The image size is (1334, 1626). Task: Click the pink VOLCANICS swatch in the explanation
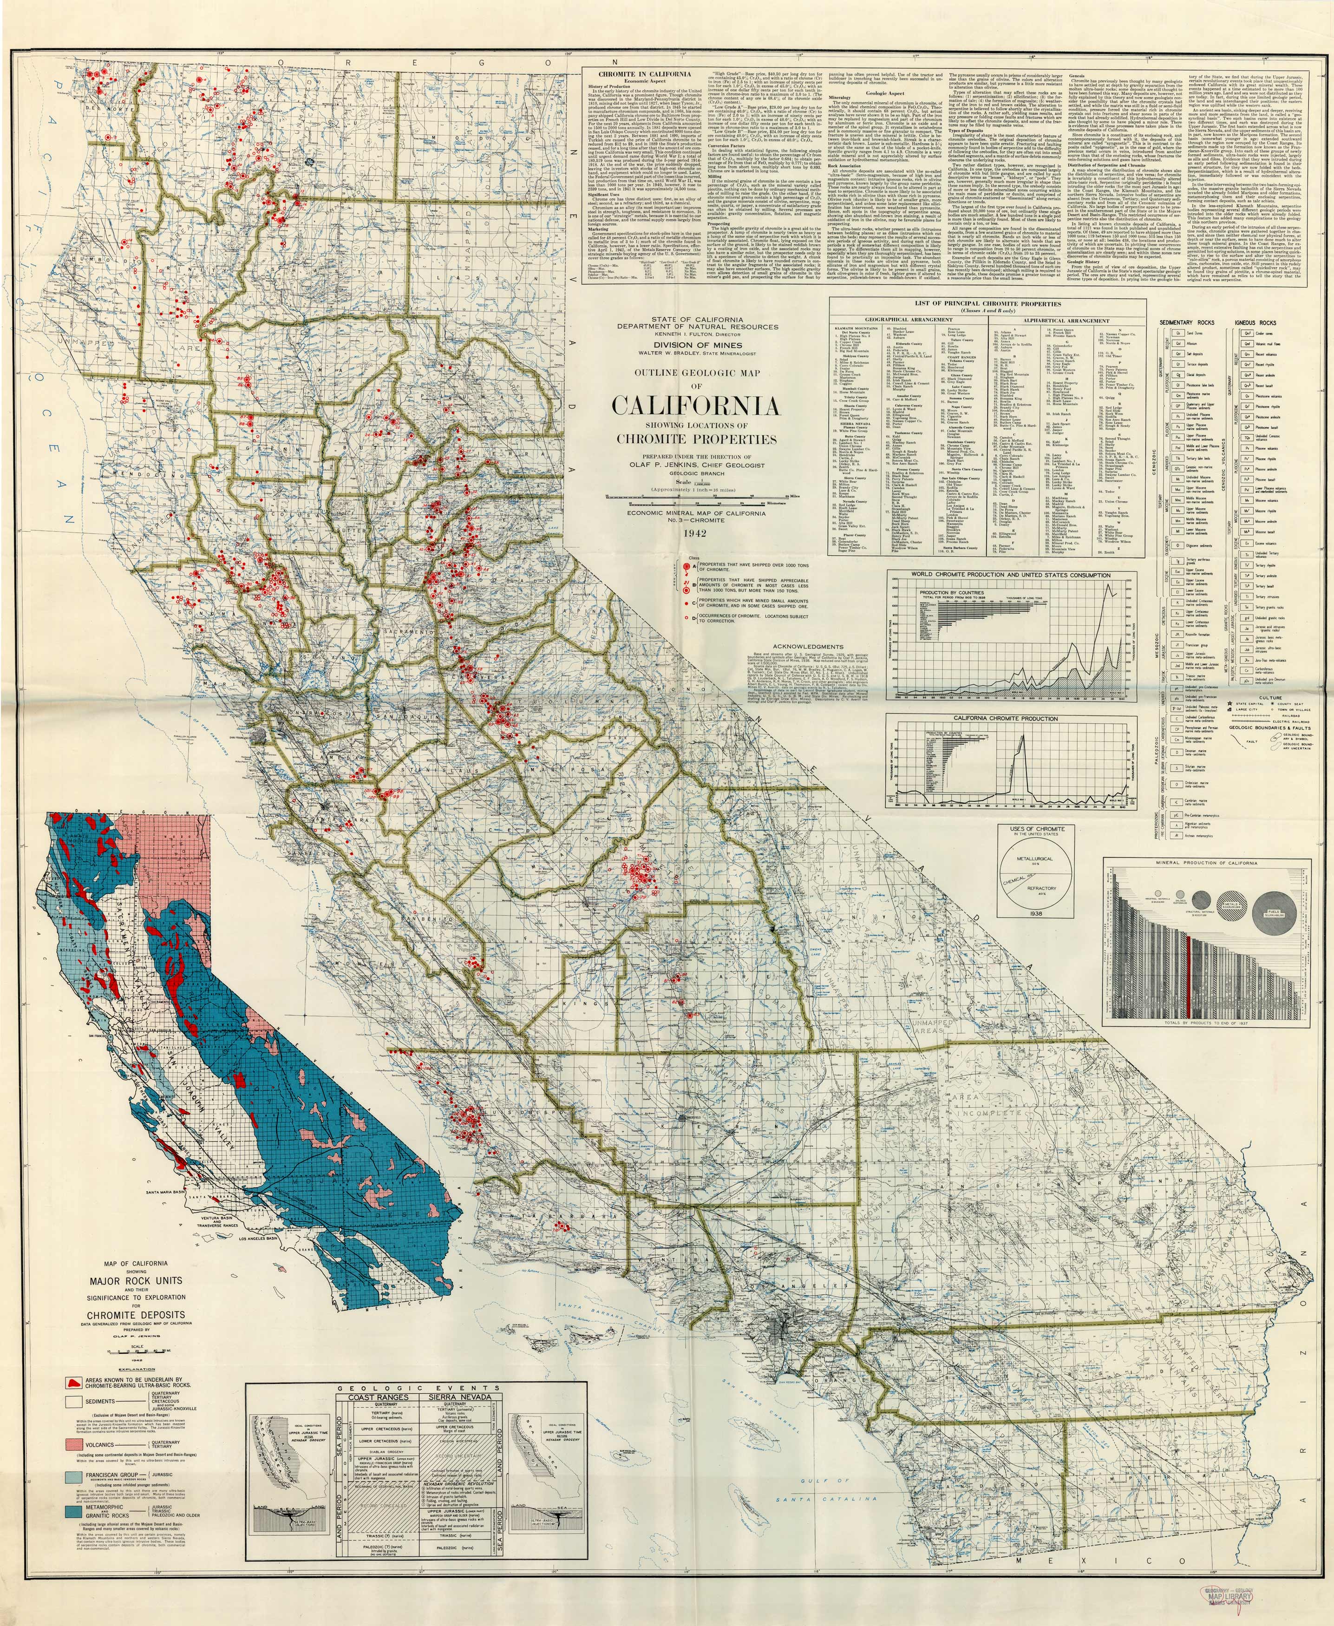coord(74,1445)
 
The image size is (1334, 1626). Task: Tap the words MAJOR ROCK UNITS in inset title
coord(136,1281)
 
